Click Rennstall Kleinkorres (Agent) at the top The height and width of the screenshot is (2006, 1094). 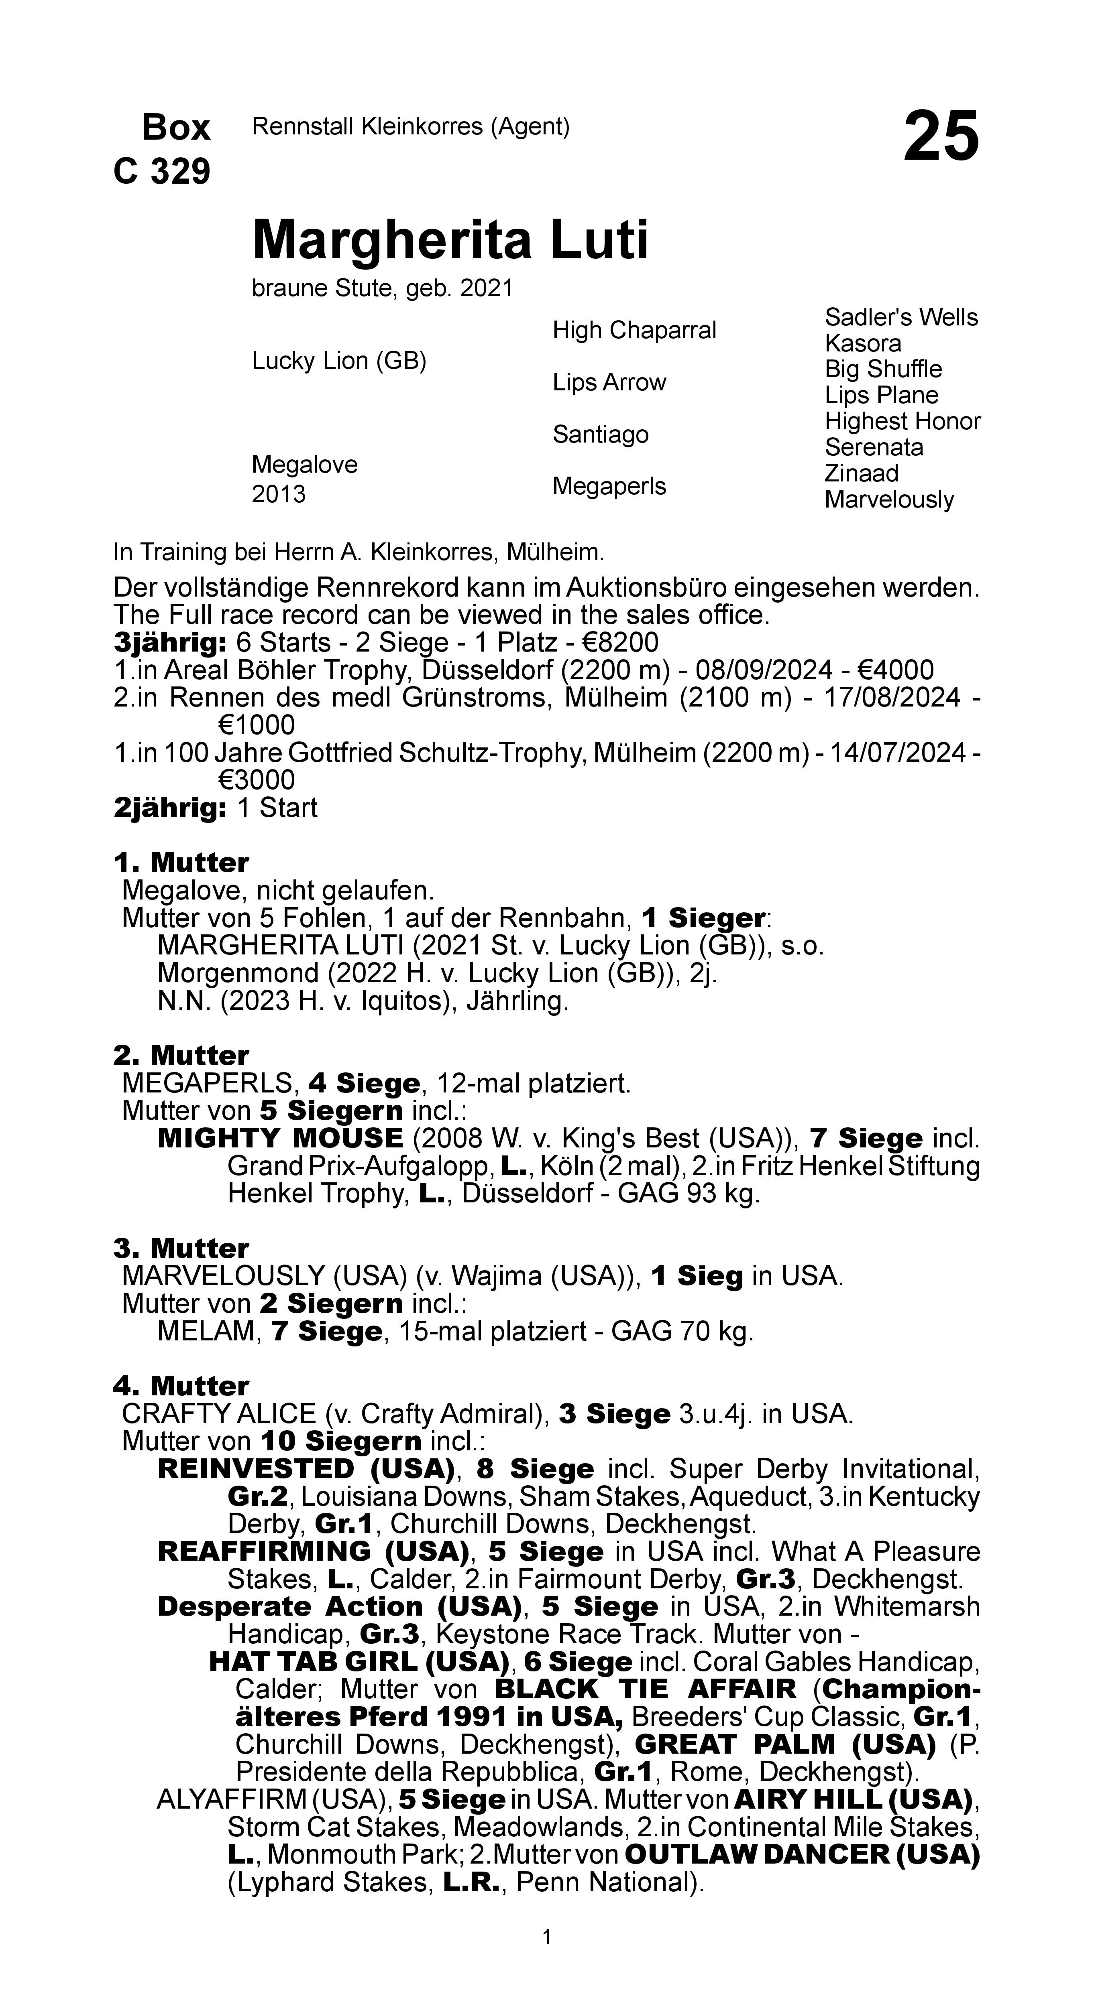tap(411, 126)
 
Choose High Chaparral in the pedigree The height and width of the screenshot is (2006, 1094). tap(634, 330)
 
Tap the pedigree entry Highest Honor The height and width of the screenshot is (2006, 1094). tap(902, 421)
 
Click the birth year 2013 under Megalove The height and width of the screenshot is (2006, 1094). tap(278, 495)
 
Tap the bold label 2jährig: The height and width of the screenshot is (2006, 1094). tap(170, 808)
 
